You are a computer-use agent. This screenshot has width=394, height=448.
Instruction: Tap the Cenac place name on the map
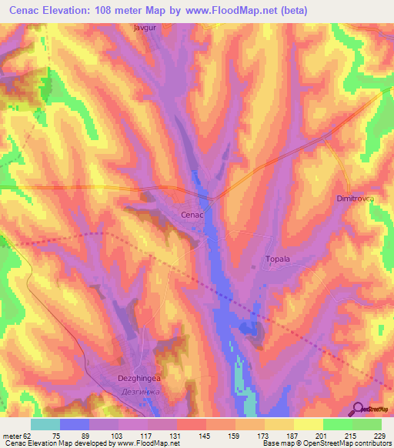tap(192, 215)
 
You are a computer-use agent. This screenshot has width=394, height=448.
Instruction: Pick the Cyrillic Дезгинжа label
tap(118, 390)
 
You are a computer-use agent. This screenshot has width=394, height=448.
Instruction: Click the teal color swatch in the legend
tap(45, 424)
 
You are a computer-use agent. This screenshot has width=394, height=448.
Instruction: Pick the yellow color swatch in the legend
tap(309, 424)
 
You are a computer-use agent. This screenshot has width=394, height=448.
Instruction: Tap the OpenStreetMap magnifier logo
tap(358, 409)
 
